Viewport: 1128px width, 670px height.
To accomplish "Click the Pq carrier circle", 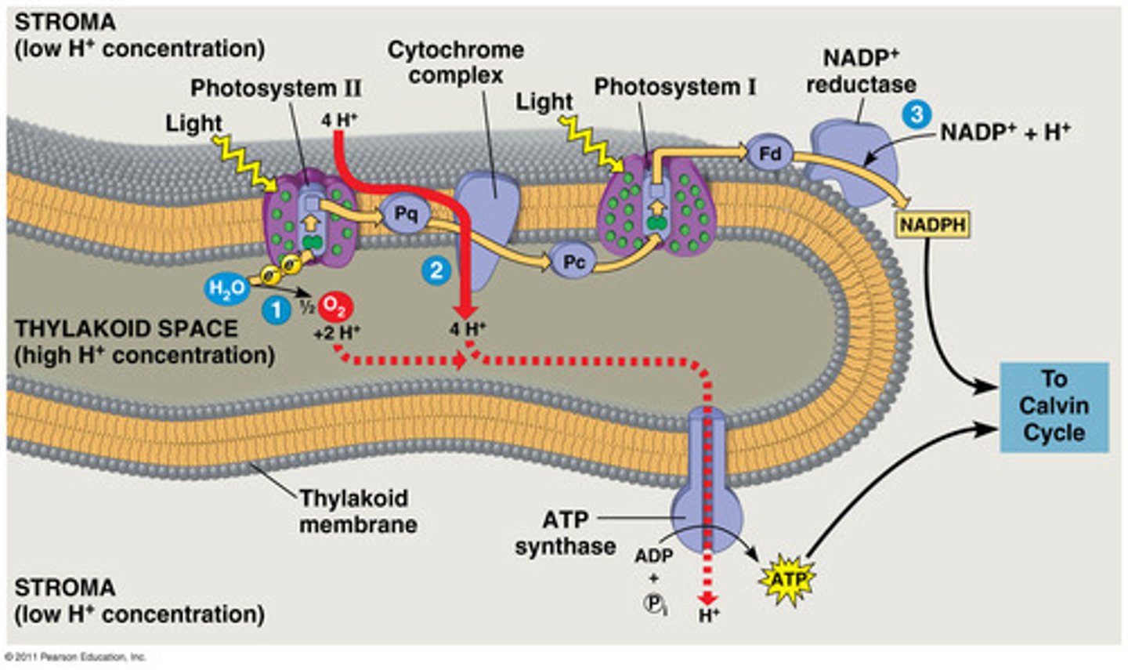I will pos(405,214).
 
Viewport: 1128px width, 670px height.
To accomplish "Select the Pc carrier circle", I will pos(573,262).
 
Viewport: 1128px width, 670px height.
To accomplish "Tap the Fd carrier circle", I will pos(769,154).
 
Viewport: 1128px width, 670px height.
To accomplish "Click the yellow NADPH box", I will pos(932,226).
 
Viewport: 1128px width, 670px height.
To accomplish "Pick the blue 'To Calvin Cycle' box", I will pos(1054,406).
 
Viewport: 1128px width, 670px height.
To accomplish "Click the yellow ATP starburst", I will pos(788,581).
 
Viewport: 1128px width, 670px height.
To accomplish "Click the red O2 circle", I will pos(334,306).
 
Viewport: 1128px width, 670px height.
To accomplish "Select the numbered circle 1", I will pos(276,311).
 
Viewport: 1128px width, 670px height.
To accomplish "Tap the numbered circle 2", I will pos(436,270).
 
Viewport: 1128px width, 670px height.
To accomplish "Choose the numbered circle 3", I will pos(916,114).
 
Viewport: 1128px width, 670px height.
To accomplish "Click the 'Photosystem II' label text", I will pos(276,89).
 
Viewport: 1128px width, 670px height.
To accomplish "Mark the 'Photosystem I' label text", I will pos(674,87).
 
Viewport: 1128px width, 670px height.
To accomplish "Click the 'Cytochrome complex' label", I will pos(456,63).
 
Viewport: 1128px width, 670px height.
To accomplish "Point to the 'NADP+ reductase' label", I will pos(861,71).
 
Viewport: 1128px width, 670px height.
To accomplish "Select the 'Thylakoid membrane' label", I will pos(357,511).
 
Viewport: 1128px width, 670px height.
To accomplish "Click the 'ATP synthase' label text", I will pos(565,533).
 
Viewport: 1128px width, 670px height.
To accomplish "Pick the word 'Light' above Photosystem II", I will pos(193,123).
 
